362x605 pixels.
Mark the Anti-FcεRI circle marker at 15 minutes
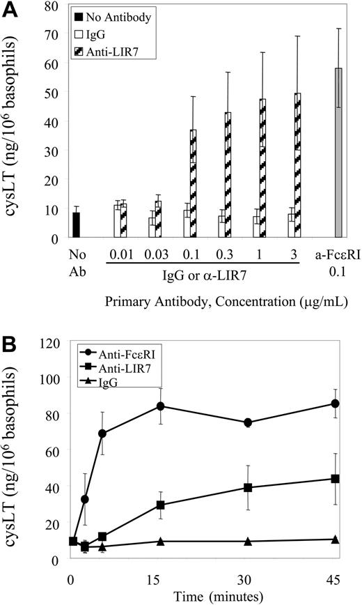tap(141, 406)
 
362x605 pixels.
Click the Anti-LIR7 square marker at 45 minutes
tap(336, 479)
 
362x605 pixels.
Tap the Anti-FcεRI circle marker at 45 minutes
tap(336, 404)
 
